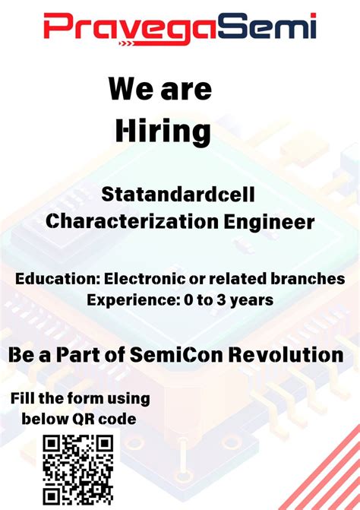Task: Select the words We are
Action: pyautogui.click(x=159, y=89)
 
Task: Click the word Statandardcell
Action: pyautogui.click(x=178, y=195)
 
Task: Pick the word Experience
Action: pyautogui.click(x=131, y=300)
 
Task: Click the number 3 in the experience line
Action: pyautogui.click(x=223, y=300)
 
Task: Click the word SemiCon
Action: pyautogui.click(x=193, y=354)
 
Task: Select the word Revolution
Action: pyautogui.click(x=292, y=354)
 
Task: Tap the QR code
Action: pyautogui.click(x=78, y=470)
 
